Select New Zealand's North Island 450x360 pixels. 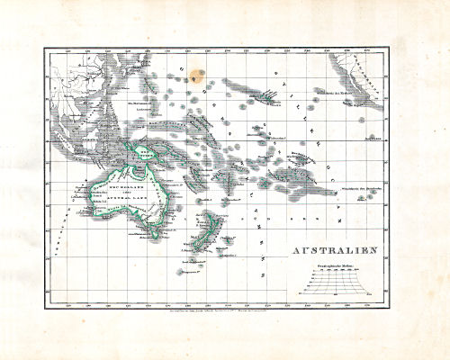212,225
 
